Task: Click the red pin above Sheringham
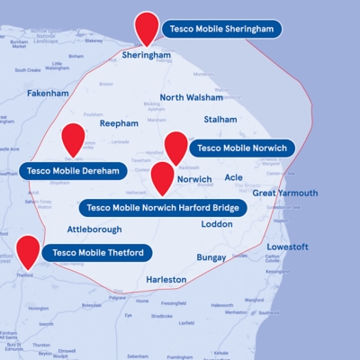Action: point(144,27)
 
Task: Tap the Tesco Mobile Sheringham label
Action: point(221,29)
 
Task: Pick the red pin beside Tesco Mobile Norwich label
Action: point(175,146)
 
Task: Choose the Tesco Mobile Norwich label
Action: point(241,148)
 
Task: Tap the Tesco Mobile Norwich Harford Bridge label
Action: point(163,208)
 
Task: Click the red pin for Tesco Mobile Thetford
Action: point(28,251)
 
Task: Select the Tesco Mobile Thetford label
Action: point(98,253)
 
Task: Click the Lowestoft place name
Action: point(288,247)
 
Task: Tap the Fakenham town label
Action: point(48,93)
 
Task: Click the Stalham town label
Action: point(220,119)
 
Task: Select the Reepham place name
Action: point(119,123)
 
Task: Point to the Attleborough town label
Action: point(94,229)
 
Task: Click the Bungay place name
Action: point(211,257)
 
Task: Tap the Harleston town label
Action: point(166,279)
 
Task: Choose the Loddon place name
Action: point(217,224)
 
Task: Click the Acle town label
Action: point(234,178)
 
